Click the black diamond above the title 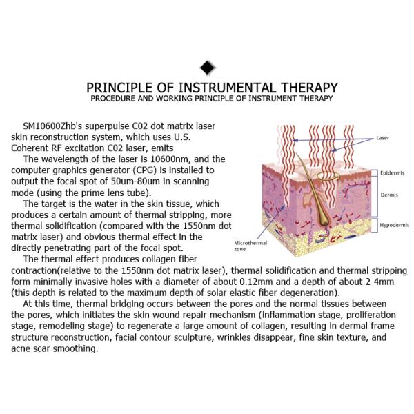tap(207, 68)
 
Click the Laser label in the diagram tap(383, 138)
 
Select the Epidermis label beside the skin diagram tap(391, 174)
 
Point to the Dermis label tap(388, 195)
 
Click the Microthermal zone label tap(246, 247)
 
